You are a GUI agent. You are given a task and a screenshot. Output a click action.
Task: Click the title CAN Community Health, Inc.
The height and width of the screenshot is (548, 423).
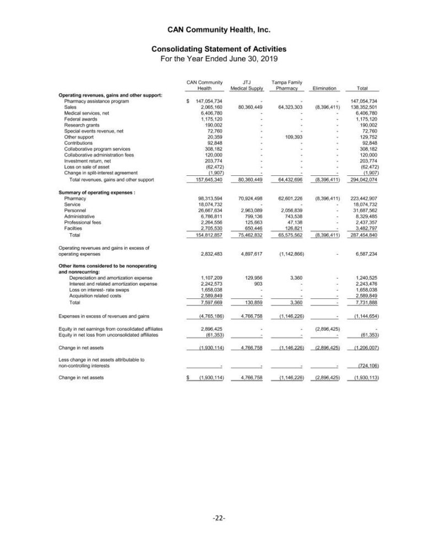point(211,28)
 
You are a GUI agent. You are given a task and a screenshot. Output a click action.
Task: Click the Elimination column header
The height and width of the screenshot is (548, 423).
point(324,87)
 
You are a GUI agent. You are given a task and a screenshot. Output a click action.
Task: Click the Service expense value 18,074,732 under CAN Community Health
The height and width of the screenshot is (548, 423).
point(206,203)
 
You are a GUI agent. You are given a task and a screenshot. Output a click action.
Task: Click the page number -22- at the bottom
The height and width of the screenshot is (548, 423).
point(211,520)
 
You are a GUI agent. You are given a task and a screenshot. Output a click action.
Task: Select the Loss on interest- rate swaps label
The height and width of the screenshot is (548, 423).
point(100,289)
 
